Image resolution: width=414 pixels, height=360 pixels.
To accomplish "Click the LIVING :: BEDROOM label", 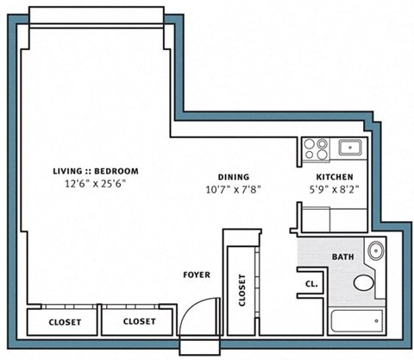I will (x=94, y=171).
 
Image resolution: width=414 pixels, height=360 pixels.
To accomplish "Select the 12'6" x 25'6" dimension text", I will (x=94, y=183).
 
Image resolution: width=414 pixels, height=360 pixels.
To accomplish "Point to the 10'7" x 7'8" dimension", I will (x=233, y=188).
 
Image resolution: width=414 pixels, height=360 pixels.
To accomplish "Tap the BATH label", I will (x=342, y=257).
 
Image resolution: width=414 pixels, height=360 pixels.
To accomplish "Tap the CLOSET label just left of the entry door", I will (x=139, y=321).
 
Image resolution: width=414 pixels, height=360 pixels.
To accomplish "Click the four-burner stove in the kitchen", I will (x=317, y=148).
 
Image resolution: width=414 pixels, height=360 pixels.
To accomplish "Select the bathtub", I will (x=357, y=323).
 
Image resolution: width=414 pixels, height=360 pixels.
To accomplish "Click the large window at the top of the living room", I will (x=94, y=17).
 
